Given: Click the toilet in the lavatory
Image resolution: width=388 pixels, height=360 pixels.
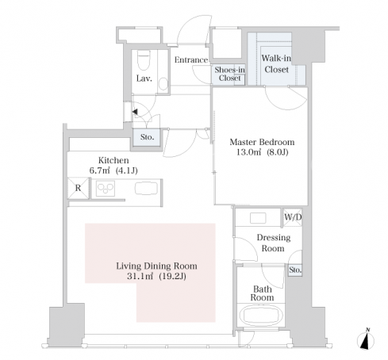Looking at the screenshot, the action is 144,60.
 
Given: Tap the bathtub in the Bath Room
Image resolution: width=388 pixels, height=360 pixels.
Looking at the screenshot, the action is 261,315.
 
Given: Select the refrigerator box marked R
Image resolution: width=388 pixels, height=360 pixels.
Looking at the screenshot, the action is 79,188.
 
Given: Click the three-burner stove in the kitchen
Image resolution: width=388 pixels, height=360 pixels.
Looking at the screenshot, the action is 106,189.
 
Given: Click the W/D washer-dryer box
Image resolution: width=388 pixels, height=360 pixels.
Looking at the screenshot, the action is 293,217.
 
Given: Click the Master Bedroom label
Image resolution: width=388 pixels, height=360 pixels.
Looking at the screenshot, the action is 262,142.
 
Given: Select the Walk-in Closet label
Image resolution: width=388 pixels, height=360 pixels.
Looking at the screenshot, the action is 276,63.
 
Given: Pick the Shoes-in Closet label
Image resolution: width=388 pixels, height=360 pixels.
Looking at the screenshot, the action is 229,74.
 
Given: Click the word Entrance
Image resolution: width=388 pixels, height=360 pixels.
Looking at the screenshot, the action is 191,59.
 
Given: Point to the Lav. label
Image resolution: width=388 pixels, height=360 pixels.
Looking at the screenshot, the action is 144,79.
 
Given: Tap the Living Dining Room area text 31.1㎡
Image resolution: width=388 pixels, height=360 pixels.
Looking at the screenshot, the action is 140,276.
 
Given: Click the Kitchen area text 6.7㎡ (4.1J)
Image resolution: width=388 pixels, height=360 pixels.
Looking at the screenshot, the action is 113,170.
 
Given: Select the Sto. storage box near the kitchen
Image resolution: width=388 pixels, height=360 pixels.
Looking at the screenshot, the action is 147,137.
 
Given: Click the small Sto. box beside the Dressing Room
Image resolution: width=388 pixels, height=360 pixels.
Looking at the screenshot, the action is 295,270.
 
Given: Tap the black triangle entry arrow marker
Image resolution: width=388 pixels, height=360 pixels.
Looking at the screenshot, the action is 135,112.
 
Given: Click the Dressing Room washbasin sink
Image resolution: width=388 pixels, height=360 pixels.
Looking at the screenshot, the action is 258,218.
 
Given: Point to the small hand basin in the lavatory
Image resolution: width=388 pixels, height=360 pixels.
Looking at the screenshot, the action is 163,83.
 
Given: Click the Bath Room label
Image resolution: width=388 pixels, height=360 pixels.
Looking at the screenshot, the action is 262,293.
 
